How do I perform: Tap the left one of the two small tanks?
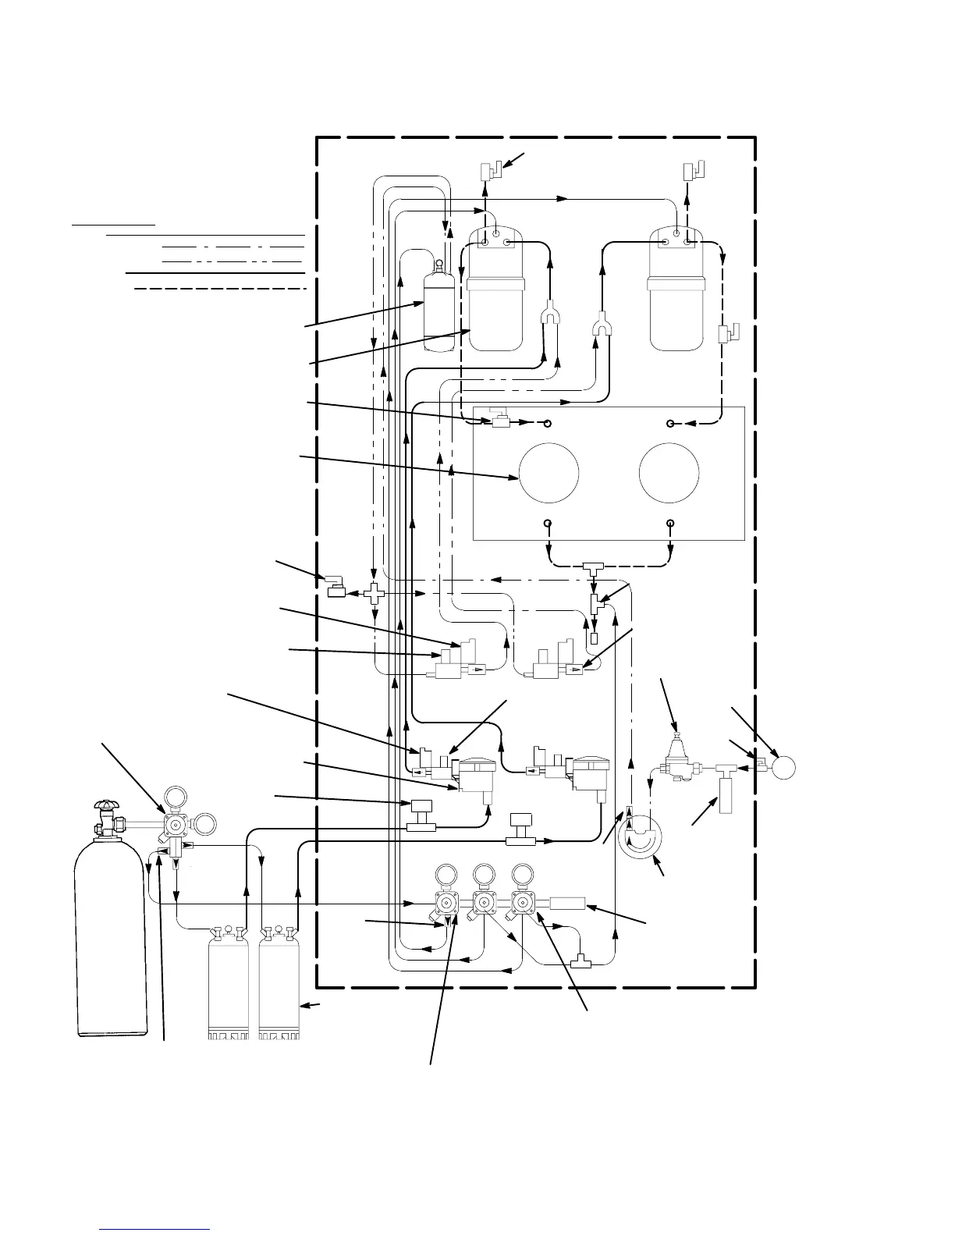pos(228,983)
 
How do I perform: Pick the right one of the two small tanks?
pos(279,983)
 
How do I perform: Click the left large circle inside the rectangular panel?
pos(549,474)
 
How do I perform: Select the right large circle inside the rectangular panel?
pos(669,474)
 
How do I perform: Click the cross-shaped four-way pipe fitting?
pos(374,595)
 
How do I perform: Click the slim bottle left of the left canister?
pos(438,308)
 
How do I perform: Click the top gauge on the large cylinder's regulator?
pos(174,797)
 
